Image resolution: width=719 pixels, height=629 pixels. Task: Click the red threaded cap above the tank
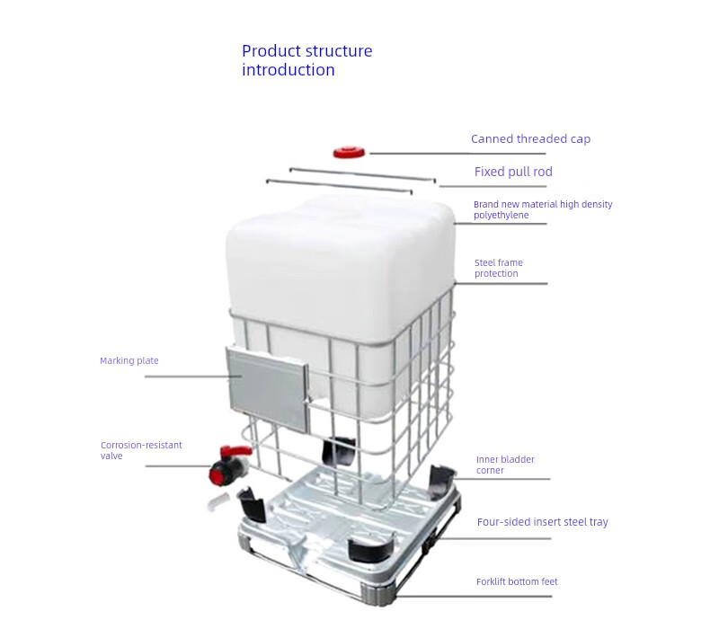coord(349,152)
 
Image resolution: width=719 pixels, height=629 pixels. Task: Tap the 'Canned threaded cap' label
coord(530,139)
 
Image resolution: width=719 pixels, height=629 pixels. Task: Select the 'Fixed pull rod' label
coord(513,172)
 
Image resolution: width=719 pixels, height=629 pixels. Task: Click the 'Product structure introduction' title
coord(306,60)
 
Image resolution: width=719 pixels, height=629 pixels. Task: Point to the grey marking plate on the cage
coord(267,389)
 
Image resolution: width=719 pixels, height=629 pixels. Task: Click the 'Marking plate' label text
coord(129,361)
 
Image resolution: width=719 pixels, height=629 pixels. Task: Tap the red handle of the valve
coord(236,451)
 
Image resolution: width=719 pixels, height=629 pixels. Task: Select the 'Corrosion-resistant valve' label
coord(141,450)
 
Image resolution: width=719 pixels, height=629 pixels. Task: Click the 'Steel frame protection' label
coord(499,268)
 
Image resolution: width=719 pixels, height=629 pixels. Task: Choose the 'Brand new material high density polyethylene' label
coord(543,209)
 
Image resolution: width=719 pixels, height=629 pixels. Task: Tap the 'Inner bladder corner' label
coord(505,465)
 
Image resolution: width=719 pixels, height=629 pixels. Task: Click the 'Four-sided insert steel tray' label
coord(543,522)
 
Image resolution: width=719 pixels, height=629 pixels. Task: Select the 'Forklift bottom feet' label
coord(517,581)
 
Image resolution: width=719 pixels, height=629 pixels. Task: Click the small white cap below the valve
coord(218,501)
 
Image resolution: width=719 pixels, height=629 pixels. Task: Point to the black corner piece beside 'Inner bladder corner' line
coord(441,482)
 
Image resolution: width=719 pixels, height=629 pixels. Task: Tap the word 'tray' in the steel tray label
coord(598,523)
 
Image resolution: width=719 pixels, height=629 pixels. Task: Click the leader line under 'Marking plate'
coord(193,377)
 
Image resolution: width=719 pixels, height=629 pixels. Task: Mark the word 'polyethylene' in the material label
coord(502,216)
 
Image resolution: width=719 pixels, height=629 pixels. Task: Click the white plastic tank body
coord(340,270)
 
